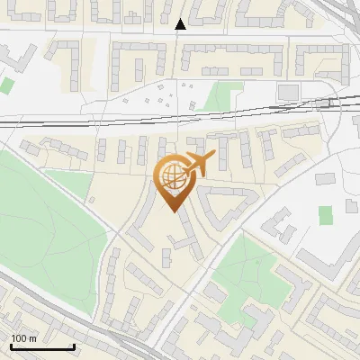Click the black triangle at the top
pos(181,24)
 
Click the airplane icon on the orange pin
pos(199,163)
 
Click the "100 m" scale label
pos(23,338)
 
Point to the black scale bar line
pos(42,346)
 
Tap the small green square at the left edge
pos(7,85)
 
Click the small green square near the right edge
pos(325,215)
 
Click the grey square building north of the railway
pos(288,92)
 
